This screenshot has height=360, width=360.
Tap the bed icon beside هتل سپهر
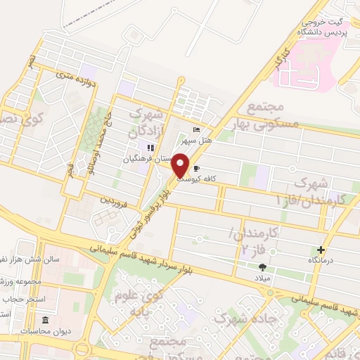point(196,130)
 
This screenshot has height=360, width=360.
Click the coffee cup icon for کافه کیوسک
point(196,168)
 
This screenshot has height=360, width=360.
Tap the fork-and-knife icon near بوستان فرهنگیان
point(149,147)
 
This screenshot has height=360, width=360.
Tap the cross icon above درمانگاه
point(321,250)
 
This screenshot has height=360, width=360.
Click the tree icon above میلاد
point(263,267)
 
